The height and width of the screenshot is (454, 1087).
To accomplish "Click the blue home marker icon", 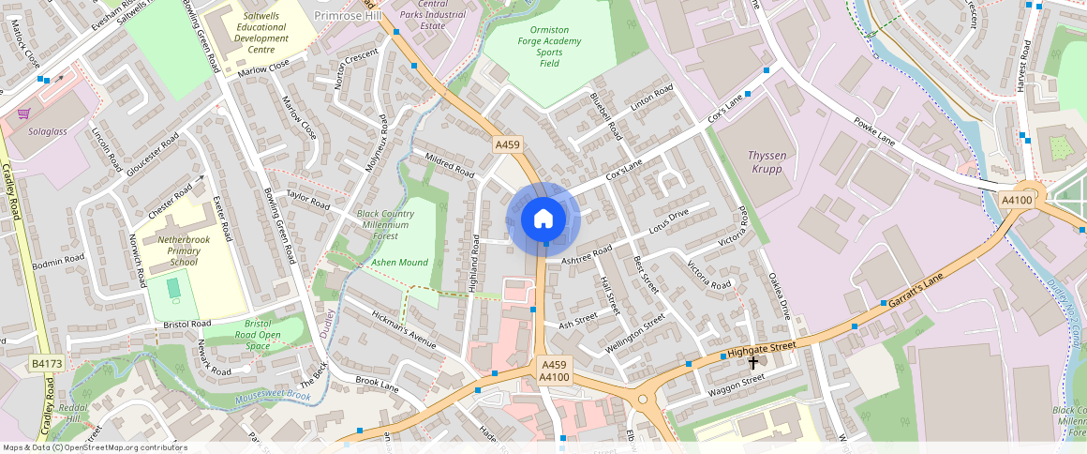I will pyautogui.click(x=543, y=219).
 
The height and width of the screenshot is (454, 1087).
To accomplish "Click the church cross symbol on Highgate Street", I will pyautogui.click(x=753, y=361).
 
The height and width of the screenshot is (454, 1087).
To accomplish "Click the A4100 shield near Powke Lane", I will pyautogui.click(x=1017, y=200).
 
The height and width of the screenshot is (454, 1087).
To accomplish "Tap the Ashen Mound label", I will pyautogui.click(x=399, y=263).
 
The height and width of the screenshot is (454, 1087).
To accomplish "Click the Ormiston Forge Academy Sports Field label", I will pyautogui.click(x=549, y=46).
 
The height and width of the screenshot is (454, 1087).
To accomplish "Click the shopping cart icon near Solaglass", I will pyautogui.click(x=23, y=113).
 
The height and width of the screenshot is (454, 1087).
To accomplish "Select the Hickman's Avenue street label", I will pyautogui.click(x=404, y=329).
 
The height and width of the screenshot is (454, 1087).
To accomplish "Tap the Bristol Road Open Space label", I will pyautogui.click(x=257, y=335).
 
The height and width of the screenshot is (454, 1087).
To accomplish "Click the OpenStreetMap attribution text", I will pyautogui.click(x=96, y=447).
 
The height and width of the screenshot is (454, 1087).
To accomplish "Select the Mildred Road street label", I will pyautogui.click(x=450, y=166).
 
